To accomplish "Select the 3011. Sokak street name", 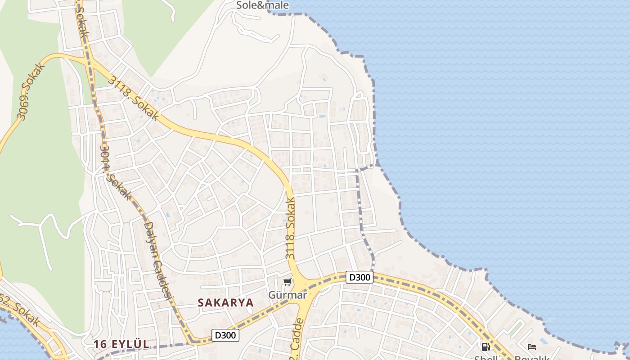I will (x=115, y=173).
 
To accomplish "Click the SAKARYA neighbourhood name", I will (x=225, y=303).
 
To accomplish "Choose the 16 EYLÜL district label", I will (x=121, y=344).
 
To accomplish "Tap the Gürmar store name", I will (x=287, y=295).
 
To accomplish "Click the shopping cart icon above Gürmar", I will (x=287, y=282).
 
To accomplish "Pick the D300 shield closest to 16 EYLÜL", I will (x=225, y=335).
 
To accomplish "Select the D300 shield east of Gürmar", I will (x=359, y=277).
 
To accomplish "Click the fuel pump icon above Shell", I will (x=486, y=347).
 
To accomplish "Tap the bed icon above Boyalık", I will (x=532, y=347).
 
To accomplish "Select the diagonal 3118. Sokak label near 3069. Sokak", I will (x=133, y=97).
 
